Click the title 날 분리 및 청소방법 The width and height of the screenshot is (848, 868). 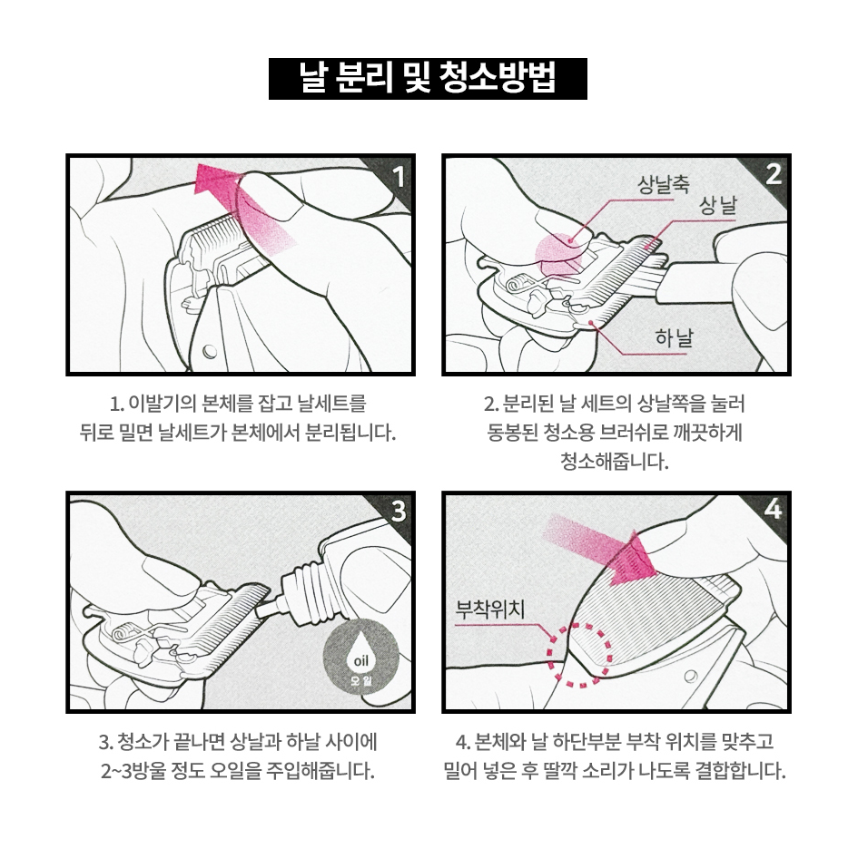(428, 79)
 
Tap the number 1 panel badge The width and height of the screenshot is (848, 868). (398, 177)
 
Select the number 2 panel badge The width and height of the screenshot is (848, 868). (774, 175)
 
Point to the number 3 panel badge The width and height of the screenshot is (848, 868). (399, 512)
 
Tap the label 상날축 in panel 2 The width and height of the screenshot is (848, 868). (663, 184)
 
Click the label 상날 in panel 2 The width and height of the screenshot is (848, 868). (718, 207)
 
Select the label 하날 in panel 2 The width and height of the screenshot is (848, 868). (674, 337)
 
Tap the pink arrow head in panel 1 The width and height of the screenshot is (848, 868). (217, 179)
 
